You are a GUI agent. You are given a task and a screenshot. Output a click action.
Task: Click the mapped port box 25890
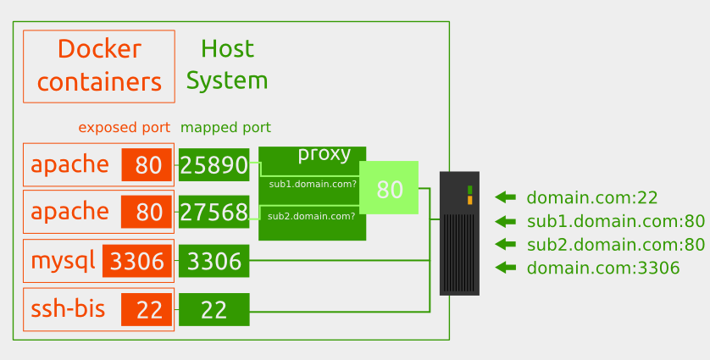pos(214,165)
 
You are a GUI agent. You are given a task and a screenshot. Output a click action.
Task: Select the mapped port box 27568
pos(214,212)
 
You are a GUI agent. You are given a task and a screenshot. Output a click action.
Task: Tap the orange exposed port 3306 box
pos(137,262)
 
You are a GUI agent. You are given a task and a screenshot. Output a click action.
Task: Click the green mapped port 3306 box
pos(214,262)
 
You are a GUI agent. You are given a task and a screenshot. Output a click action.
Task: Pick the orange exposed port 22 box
pos(147,310)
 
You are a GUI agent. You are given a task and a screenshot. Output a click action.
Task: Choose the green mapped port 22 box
pos(214,310)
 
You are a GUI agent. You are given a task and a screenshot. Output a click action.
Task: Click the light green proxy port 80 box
pos(389,188)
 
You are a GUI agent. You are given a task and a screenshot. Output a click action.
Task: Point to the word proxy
pos(324,154)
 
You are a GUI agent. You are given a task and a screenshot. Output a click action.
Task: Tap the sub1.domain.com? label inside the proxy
pos(312,184)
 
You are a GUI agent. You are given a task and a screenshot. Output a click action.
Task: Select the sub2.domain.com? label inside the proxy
pos(311,216)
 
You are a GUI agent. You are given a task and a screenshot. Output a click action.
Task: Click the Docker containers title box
pos(99,66)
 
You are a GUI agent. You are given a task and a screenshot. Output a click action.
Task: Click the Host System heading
pos(227,65)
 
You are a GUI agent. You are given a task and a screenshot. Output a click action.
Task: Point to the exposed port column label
pos(125,128)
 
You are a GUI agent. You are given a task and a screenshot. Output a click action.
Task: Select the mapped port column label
pos(225,128)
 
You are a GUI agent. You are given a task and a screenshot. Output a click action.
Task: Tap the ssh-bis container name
pos(68,309)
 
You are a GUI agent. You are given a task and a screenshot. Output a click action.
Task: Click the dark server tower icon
pos(459,233)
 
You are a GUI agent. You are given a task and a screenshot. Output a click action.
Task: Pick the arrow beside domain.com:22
pos(505,197)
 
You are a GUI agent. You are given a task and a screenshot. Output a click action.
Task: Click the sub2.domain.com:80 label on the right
pos(615,245)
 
